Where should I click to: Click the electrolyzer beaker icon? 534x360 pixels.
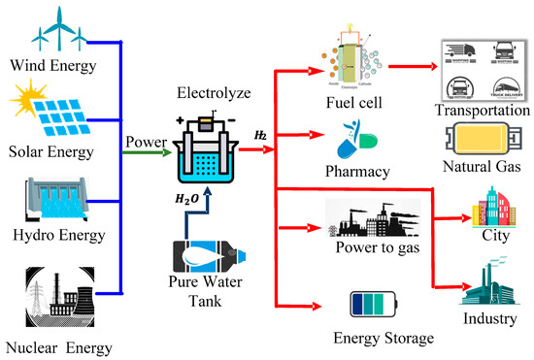206,155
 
